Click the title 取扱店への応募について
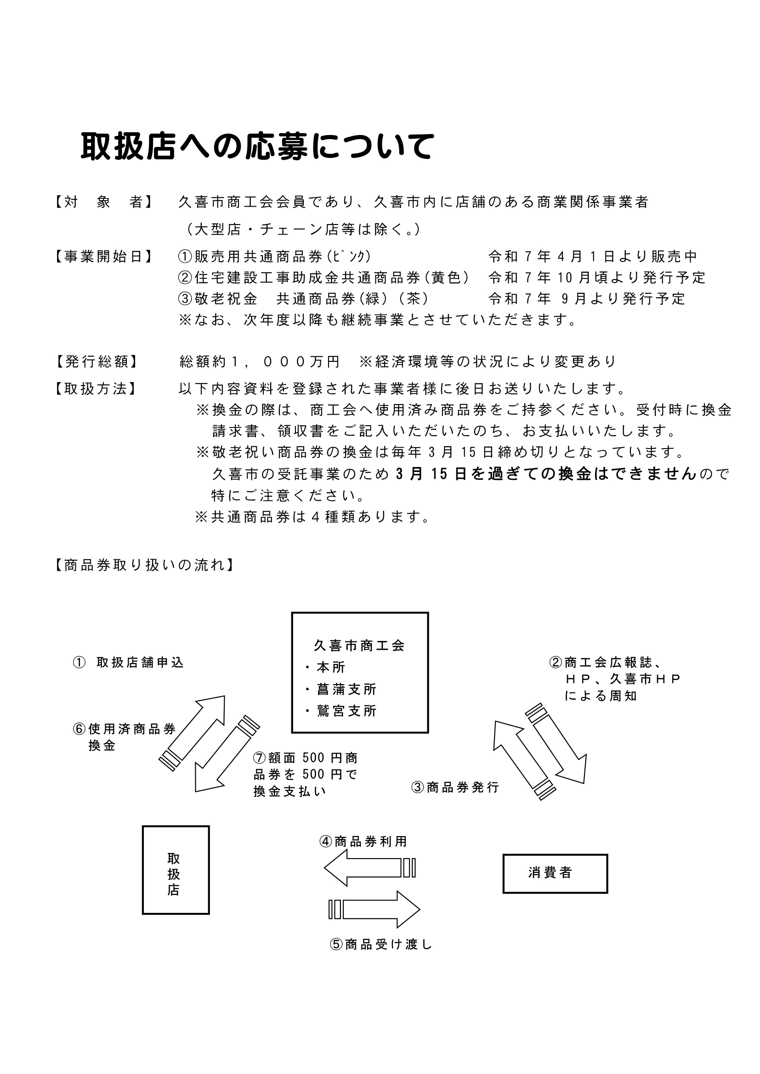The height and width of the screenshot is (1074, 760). [x=257, y=147]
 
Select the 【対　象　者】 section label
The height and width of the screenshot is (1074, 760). [x=103, y=202]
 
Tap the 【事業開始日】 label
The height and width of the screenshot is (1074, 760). [x=103, y=257]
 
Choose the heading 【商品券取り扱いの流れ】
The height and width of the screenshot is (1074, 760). [x=144, y=566]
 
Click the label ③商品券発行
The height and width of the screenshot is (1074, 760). [x=455, y=788]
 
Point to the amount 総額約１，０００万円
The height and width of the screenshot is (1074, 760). [x=260, y=361]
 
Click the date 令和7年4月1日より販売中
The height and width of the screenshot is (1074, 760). [x=593, y=257]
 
